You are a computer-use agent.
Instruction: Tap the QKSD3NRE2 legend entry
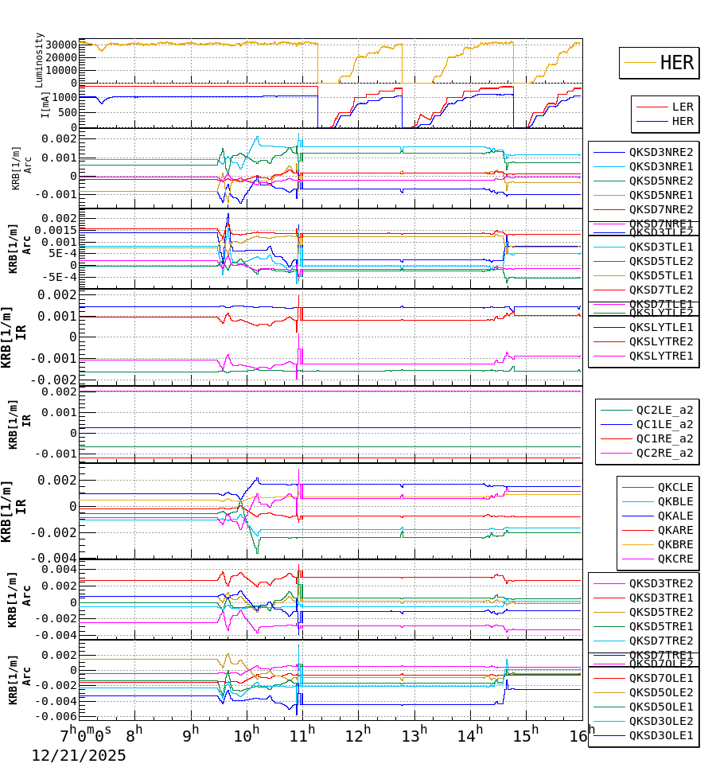point(660,152)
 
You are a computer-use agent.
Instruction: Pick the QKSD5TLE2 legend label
point(660,261)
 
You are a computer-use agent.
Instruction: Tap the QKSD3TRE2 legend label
point(660,583)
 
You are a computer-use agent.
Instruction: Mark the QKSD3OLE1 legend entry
point(660,735)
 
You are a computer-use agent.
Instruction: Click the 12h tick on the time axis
point(358,731)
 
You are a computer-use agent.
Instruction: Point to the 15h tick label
point(525,731)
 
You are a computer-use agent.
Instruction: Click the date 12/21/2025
point(79,756)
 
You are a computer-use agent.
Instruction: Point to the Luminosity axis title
point(39,60)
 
